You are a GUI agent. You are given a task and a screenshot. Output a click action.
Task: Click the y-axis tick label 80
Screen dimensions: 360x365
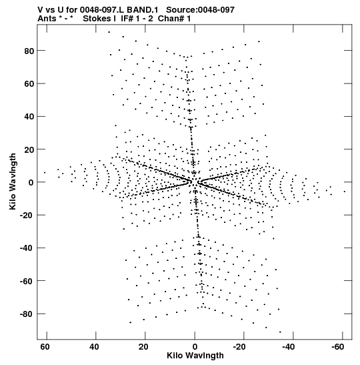coord(29,51)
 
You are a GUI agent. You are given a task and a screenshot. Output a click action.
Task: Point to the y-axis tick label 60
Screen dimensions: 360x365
coord(29,84)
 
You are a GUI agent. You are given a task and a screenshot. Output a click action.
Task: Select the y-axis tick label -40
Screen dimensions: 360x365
coord(27,248)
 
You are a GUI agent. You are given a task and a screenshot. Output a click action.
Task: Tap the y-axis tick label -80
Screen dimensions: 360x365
coord(27,314)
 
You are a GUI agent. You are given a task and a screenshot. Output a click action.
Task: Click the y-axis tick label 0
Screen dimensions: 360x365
coord(31,183)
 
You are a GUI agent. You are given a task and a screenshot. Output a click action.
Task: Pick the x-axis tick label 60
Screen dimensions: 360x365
coord(45,347)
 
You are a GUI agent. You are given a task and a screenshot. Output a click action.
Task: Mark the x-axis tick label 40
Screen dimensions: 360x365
coord(94,347)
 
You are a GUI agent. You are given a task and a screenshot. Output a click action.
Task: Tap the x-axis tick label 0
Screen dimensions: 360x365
coord(195,347)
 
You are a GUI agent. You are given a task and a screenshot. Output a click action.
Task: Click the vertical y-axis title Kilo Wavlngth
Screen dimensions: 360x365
coord(13,181)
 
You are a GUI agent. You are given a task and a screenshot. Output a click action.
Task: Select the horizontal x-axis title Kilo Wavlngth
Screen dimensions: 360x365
coord(195,356)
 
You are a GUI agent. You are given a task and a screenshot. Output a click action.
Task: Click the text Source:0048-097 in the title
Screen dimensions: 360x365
coord(201,10)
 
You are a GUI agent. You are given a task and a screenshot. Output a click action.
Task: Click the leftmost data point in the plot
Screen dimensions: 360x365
coord(45,172)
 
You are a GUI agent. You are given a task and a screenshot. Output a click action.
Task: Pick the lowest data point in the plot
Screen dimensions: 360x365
coord(280,332)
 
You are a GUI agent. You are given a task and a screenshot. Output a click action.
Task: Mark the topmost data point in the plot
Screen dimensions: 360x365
coord(109,32)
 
